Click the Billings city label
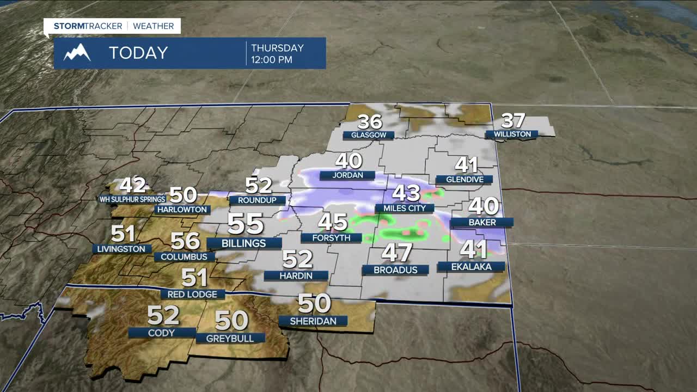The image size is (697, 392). point(244,243)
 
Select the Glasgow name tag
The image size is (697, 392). point(369,135)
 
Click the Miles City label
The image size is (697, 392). point(405,208)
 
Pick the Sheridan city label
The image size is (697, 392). point(313,321)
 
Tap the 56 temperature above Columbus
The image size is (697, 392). point(185,240)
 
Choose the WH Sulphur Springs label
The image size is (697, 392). point(132,199)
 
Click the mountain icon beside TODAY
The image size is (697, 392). point(77,53)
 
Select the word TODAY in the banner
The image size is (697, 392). point(138,53)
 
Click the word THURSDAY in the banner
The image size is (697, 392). point(277,48)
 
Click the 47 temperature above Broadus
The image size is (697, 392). point(396,253)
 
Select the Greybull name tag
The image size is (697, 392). point(230,338)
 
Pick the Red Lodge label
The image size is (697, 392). point(193,295)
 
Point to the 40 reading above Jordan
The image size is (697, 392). point(348,161)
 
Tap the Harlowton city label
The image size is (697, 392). point(182,210)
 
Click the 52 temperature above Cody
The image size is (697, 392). point(163,315)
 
